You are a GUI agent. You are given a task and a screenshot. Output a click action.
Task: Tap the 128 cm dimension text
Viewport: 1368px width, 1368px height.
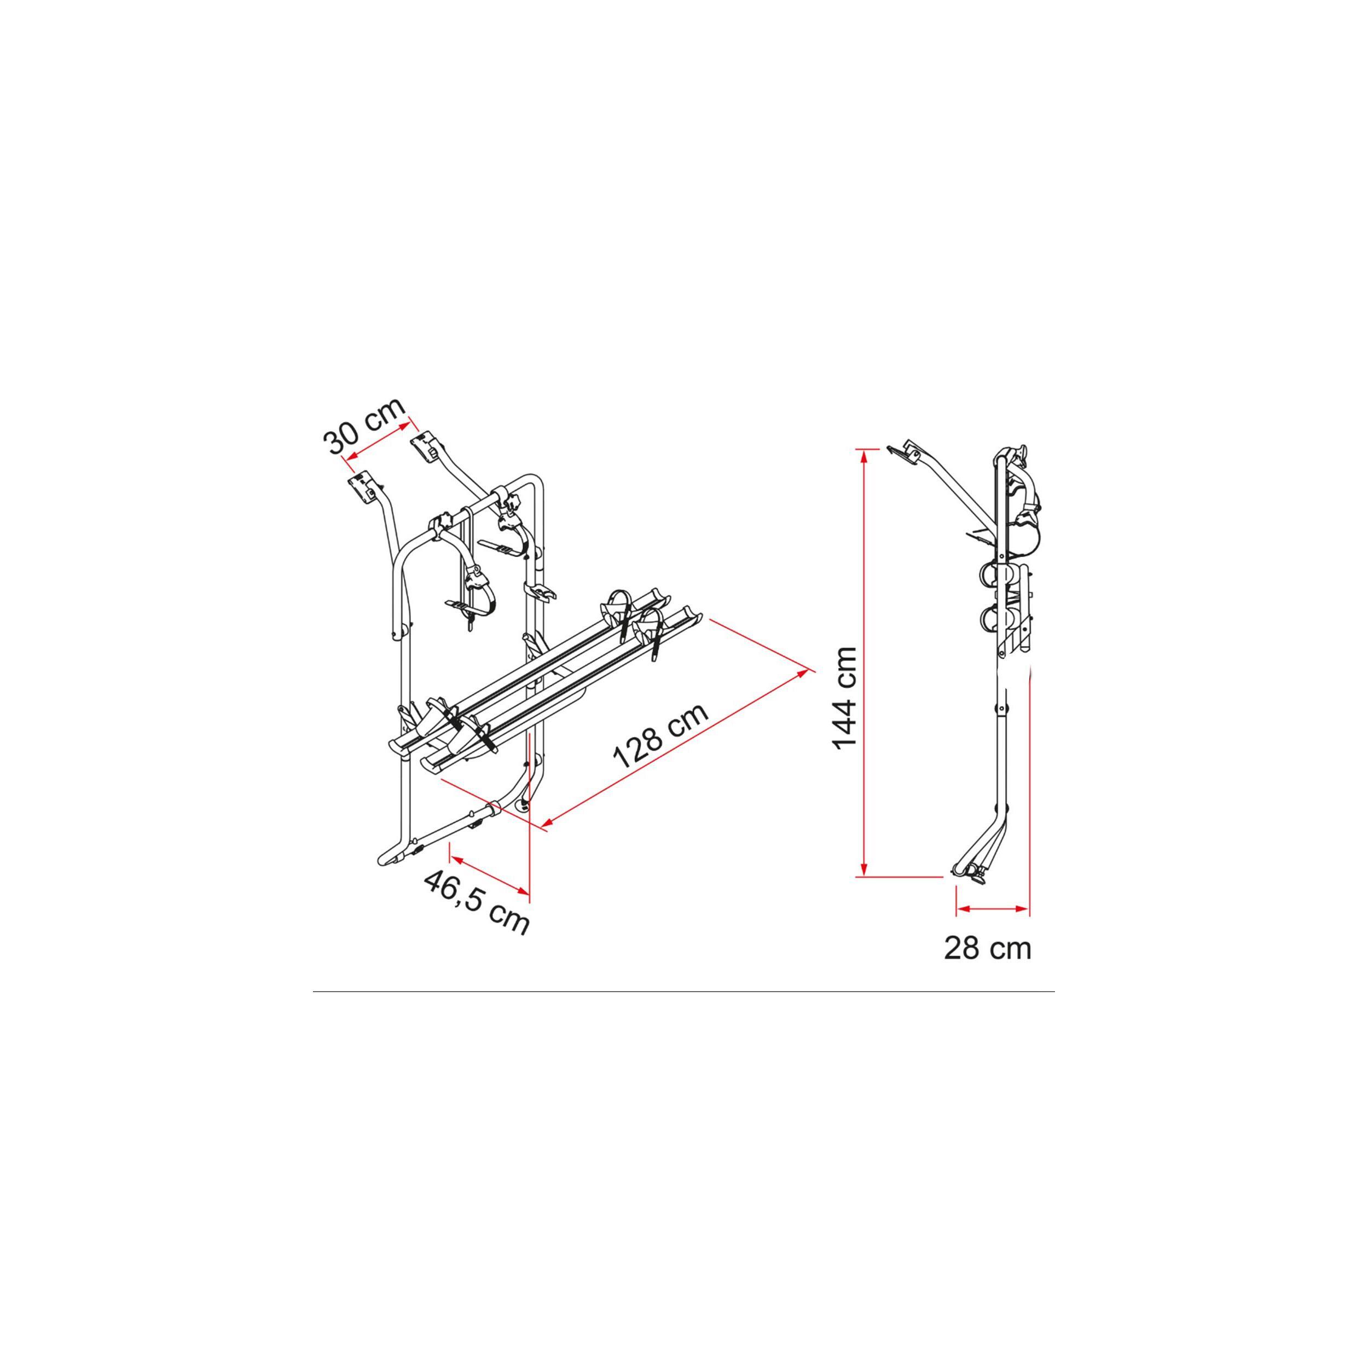point(660,737)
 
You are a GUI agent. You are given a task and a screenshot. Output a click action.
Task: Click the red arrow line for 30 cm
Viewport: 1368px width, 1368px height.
point(378,442)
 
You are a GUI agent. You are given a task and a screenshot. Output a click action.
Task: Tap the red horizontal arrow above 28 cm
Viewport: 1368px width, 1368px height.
point(992,908)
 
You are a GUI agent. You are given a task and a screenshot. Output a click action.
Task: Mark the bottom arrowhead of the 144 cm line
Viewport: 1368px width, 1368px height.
point(863,870)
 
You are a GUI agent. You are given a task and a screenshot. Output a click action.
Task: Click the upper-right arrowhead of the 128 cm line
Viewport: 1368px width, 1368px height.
point(803,672)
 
